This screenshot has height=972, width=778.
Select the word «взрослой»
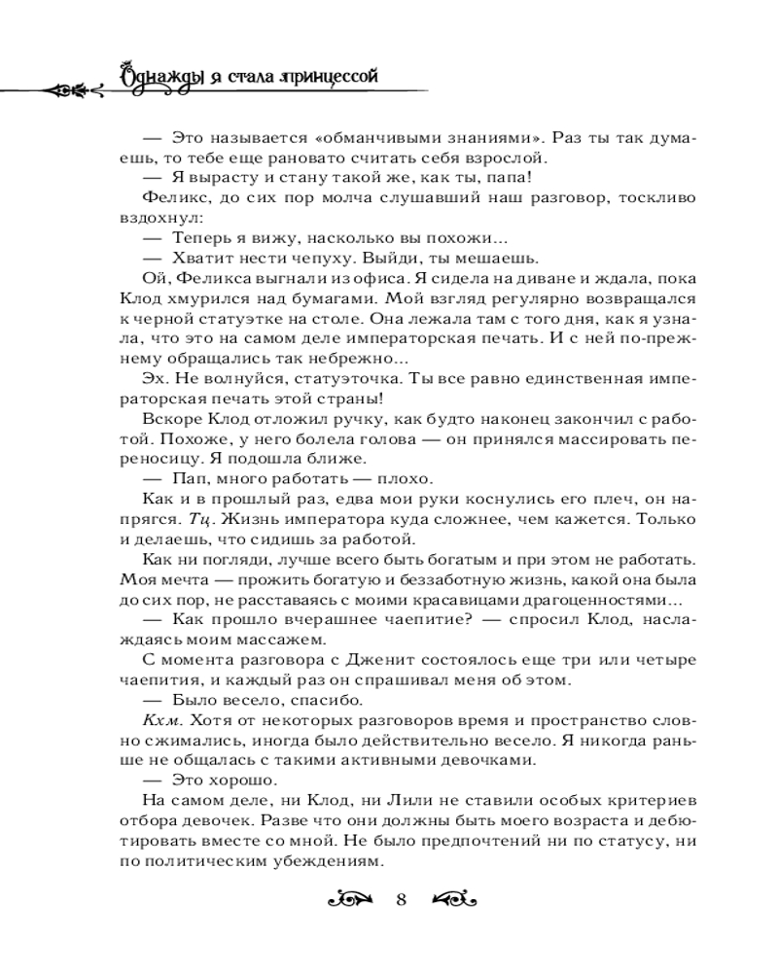(x=506, y=158)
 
